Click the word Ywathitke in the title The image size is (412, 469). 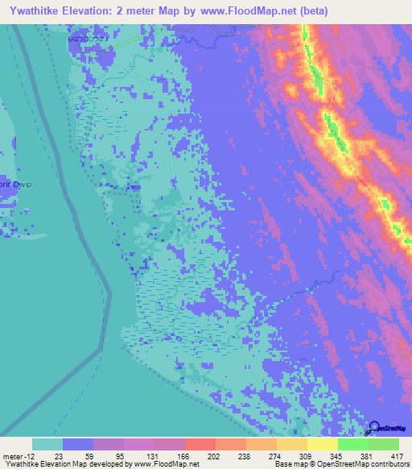40,11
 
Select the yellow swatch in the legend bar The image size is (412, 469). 323,444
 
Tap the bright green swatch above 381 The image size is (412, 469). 353,444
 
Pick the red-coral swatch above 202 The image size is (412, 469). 200,444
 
